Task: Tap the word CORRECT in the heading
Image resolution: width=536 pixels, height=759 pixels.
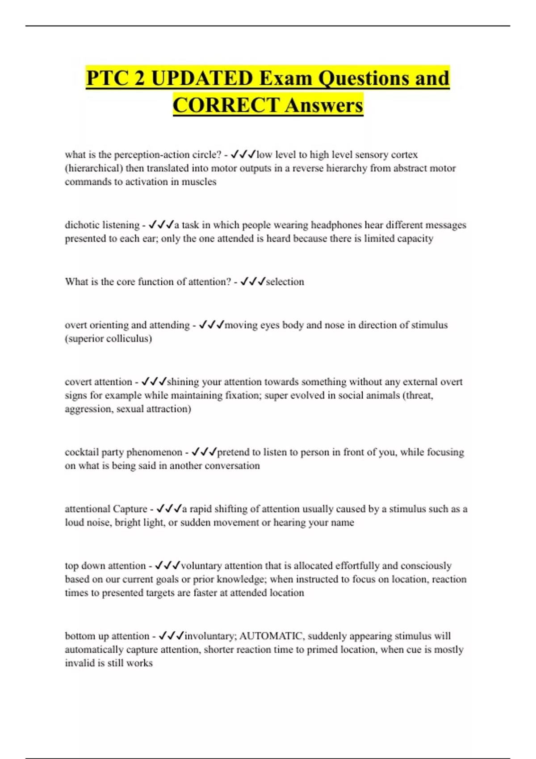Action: pos(226,105)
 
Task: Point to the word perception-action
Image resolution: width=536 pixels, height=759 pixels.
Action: pos(152,154)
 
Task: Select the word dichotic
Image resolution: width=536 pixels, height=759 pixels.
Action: pos(83,225)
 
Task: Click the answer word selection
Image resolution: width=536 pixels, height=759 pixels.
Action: pos(285,282)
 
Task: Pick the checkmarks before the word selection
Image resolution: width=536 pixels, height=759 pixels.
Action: pos(253,282)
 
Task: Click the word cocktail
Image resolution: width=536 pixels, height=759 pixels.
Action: pos(82,452)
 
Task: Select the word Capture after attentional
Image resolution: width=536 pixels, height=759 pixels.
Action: pos(130,509)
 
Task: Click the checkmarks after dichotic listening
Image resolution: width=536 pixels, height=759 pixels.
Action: pos(161,225)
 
